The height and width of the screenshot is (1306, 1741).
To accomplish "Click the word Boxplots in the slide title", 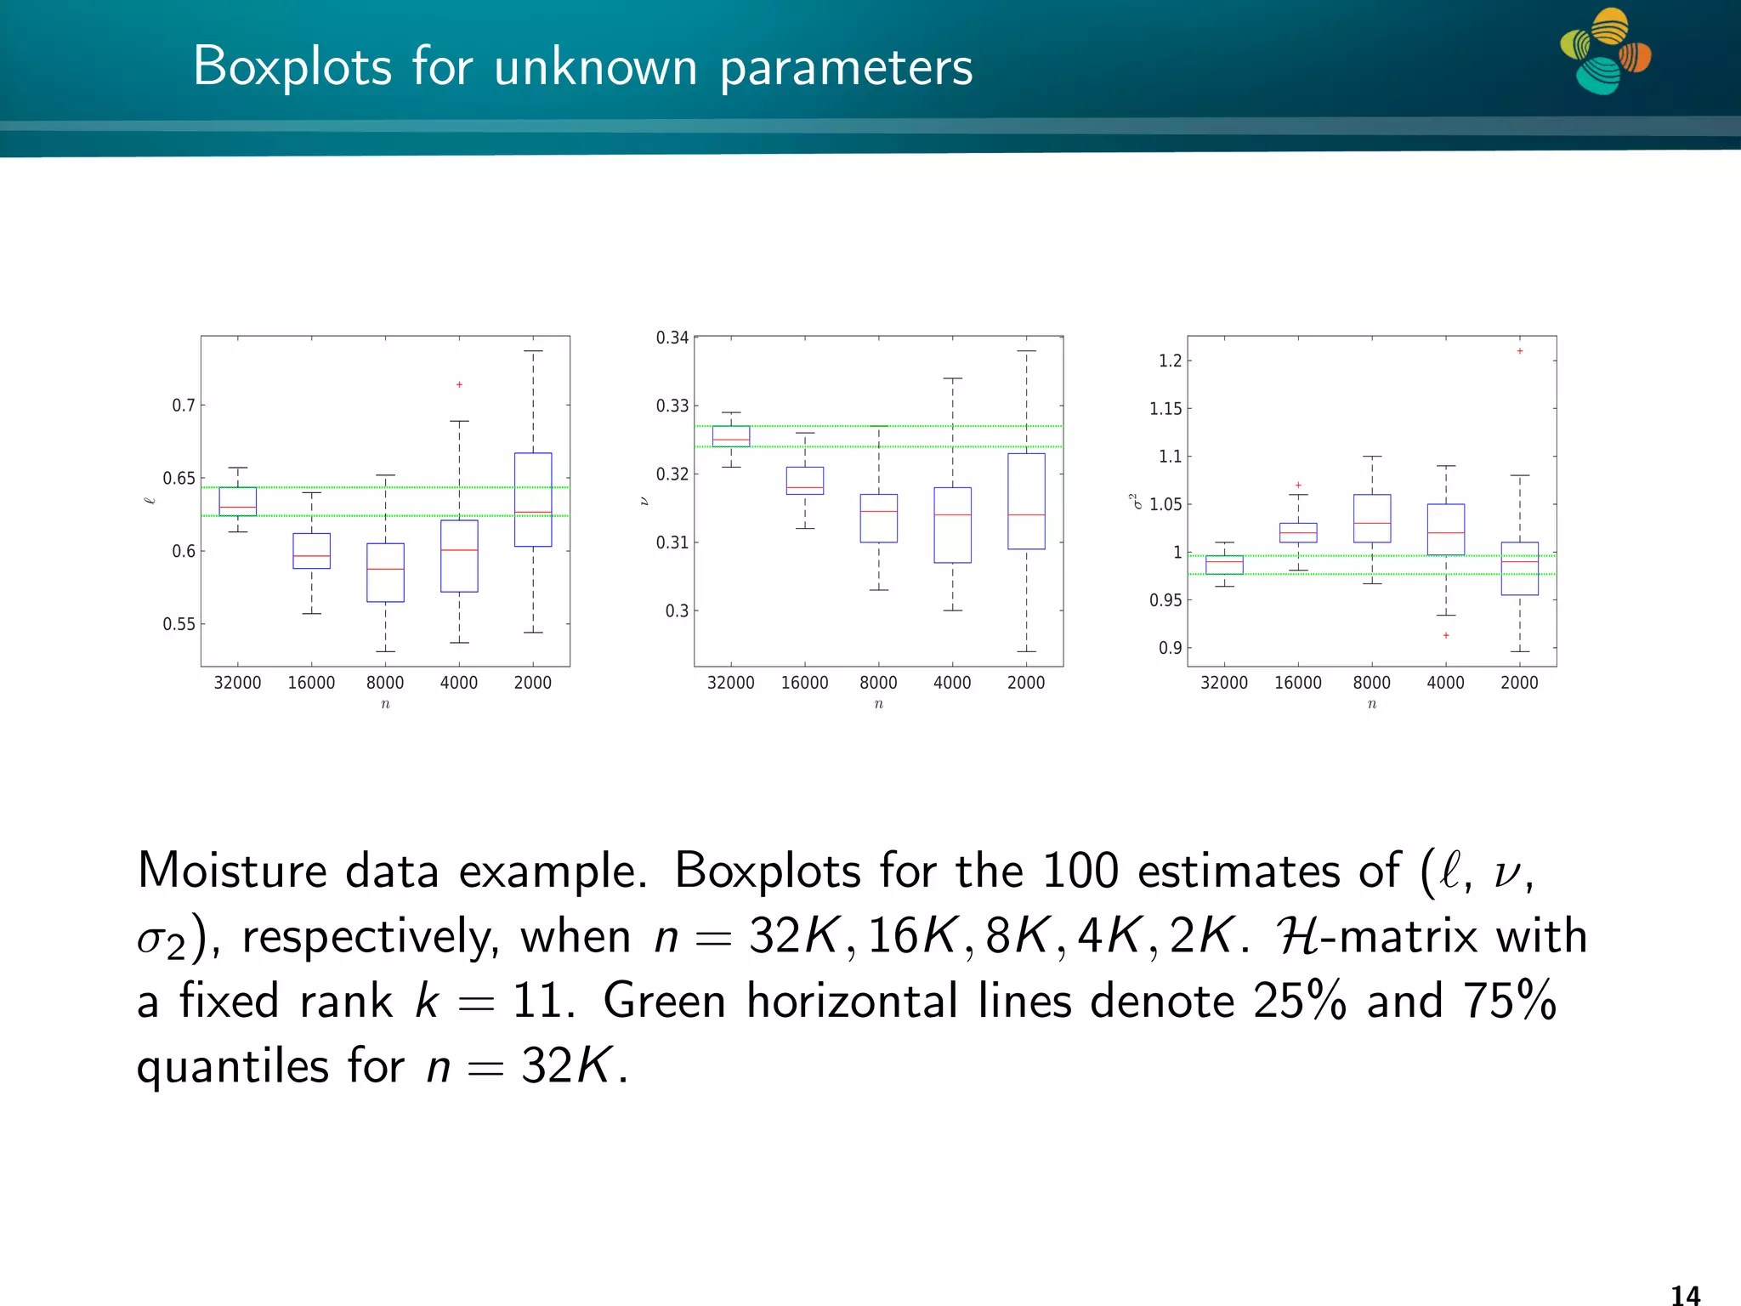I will (292, 66).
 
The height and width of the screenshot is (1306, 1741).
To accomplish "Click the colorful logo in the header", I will (1605, 51).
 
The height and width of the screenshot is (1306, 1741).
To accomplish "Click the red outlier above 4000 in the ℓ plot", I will (459, 385).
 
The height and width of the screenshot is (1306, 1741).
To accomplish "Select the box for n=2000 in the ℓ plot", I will (533, 499).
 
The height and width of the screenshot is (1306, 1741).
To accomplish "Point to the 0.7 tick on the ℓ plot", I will (183, 406).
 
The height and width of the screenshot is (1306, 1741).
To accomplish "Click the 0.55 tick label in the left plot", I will (179, 624).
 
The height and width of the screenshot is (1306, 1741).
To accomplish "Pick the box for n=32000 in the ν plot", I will (731, 436).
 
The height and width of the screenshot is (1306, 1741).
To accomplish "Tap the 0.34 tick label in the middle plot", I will (672, 338).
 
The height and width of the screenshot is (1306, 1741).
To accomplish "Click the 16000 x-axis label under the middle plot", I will (804, 683).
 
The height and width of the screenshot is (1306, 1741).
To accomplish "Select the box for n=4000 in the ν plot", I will (952, 525).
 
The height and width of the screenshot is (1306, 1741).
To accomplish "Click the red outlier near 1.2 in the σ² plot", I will (1520, 351).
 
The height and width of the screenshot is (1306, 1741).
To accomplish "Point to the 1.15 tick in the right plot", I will (1165, 409).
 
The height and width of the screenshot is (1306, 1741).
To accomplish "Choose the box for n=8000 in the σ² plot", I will (1372, 518).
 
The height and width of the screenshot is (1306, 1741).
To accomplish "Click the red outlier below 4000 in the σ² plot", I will (1446, 635).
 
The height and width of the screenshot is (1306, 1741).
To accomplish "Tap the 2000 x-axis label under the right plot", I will (1519, 683).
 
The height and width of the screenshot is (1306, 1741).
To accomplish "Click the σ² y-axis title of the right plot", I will (1135, 502).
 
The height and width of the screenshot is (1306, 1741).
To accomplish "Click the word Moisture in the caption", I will (231, 872).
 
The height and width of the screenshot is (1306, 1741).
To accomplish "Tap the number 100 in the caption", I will (1080, 872).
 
